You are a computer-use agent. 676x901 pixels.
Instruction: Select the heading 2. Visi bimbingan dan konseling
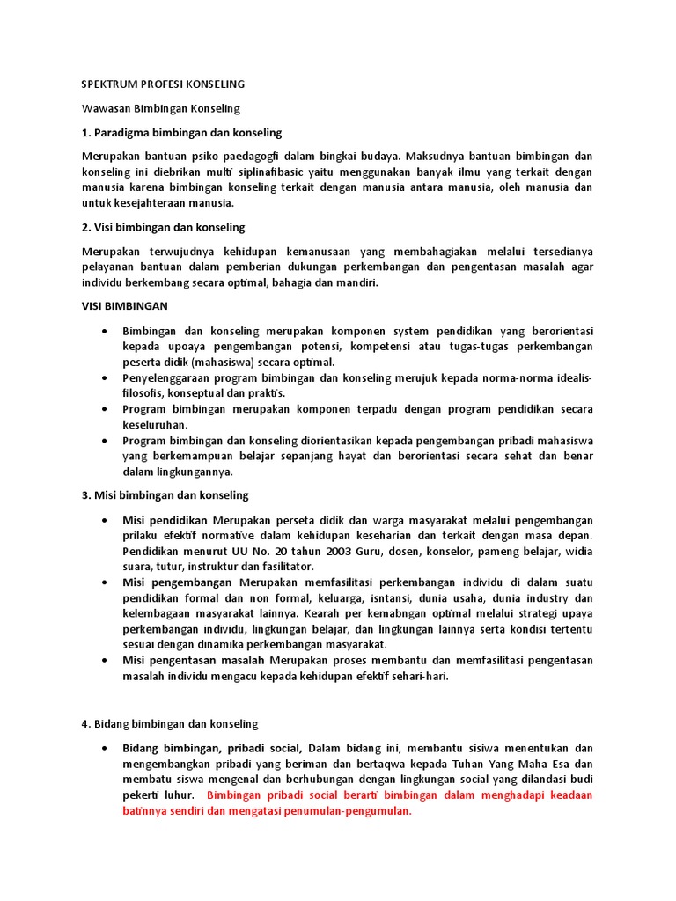click(x=163, y=227)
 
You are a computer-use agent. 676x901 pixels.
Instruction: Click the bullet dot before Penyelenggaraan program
click(x=106, y=377)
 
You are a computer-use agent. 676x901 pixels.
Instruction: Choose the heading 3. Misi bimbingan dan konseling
click(x=165, y=495)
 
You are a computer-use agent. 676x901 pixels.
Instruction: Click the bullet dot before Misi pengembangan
click(x=106, y=582)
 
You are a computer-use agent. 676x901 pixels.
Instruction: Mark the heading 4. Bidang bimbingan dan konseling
click(x=170, y=723)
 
